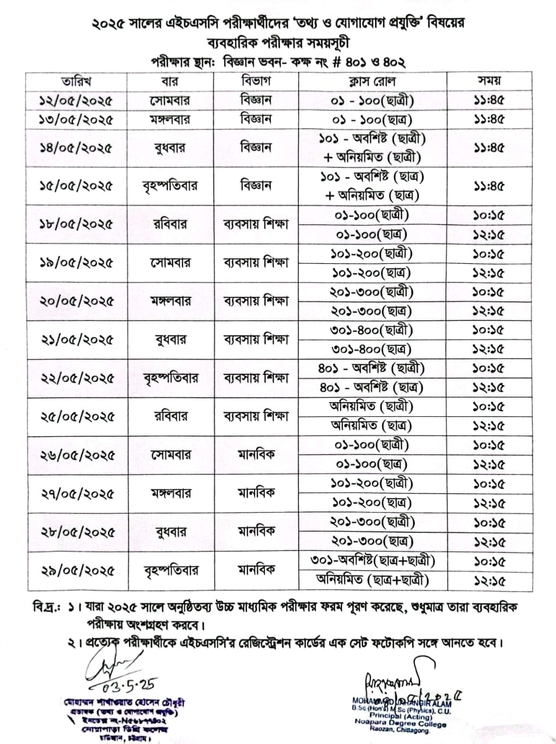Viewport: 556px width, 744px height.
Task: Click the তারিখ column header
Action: (x=76, y=81)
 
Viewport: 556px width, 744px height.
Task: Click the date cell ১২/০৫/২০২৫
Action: (x=76, y=101)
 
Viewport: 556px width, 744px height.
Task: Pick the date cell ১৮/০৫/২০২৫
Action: (x=76, y=224)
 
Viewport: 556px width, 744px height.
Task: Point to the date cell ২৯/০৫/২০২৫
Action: (x=76, y=571)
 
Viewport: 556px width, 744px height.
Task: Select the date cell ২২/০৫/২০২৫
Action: (x=76, y=378)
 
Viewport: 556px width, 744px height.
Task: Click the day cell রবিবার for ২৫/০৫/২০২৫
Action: (x=170, y=416)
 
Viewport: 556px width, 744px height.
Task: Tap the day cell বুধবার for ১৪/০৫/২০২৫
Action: (x=170, y=148)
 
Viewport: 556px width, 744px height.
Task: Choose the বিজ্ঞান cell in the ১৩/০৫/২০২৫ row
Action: (x=256, y=120)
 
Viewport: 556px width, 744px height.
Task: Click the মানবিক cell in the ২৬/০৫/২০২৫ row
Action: (x=256, y=454)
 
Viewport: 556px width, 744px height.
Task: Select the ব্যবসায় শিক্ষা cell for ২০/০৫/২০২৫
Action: (x=256, y=301)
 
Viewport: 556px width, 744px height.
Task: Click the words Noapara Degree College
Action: (x=400, y=724)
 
